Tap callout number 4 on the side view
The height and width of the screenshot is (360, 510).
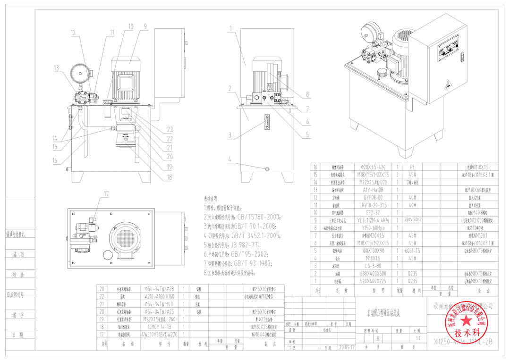point(230,159)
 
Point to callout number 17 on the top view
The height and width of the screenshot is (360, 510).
point(106,193)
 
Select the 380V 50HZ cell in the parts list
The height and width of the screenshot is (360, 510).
point(416,220)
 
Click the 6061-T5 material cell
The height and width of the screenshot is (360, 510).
point(416,251)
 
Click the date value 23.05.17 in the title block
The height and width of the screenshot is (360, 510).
point(345,348)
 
